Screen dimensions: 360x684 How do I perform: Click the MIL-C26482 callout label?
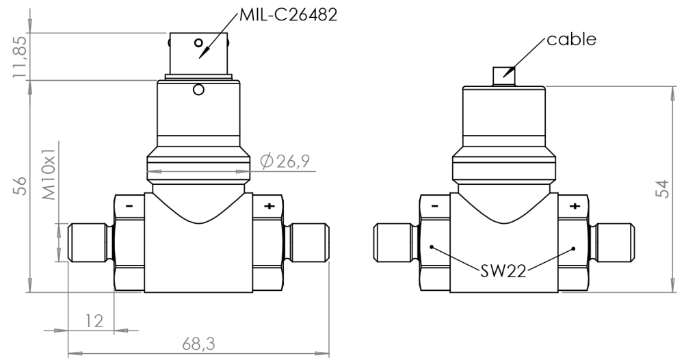click(288, 14)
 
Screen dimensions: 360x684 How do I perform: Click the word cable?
click(571, 39)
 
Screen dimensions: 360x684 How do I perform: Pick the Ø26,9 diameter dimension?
click(286, 162)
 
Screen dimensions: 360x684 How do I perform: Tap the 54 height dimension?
click(661, 189)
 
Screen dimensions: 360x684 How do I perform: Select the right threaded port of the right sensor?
click(618, 244)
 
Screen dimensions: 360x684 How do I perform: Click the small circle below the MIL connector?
click(199, 90)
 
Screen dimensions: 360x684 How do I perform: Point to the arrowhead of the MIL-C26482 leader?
click(202, 55)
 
